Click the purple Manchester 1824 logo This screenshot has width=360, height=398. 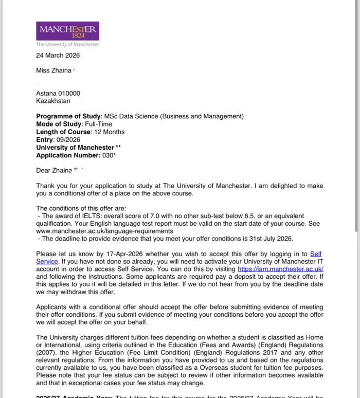click(x=67, y=31)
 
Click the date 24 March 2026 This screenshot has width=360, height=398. click(x=58, y=56)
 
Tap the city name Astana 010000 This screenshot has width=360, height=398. click(x=58, y=94)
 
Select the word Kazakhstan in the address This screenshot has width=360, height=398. click(x=53, y=101)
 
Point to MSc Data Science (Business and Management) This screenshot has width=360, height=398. click(x=174, y=116)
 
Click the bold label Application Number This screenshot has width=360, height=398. click(x=68, y=155)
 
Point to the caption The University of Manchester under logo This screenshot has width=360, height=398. click(x=67, y=44)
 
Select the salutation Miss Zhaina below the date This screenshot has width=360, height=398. click(x=53, y=70)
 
